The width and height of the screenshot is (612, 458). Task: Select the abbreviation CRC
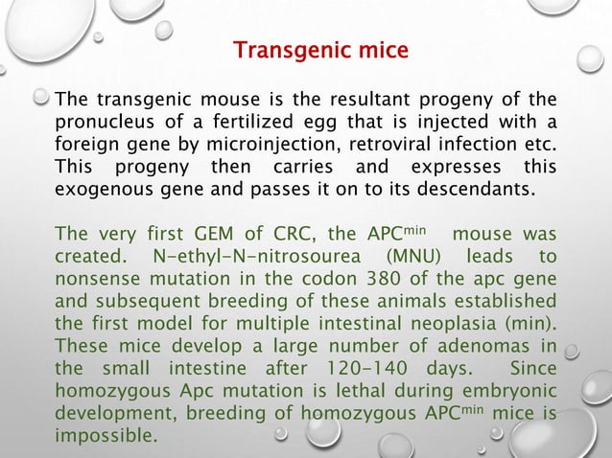point(289,234)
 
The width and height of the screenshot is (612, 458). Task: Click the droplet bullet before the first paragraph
point(42,98)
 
